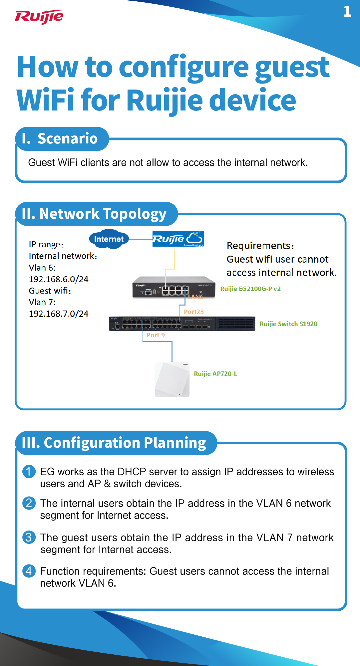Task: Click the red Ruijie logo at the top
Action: [39, 17]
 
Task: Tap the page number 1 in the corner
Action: [347, 12]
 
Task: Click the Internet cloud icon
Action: [109, 239]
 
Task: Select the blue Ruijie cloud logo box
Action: [178, 239]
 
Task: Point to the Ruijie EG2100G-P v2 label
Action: [250, 289]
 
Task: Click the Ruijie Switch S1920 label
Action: [288, 324]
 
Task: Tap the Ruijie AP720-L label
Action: [215, 374]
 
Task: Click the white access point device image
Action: [172, 380]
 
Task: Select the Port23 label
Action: [193, 312]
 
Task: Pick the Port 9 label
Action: [156, 335]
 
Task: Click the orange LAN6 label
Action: [195, 297]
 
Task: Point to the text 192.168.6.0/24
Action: [59, 279]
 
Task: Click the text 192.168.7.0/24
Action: [59, 314]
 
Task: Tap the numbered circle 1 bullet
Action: [29, 471]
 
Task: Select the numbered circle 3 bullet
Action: [29, 537]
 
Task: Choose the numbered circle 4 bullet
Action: [29, 571]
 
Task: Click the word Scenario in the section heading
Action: [68, 138]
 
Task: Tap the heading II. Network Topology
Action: [94, 214]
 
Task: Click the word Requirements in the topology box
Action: [259, 246]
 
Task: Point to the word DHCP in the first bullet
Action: [132, 472]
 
